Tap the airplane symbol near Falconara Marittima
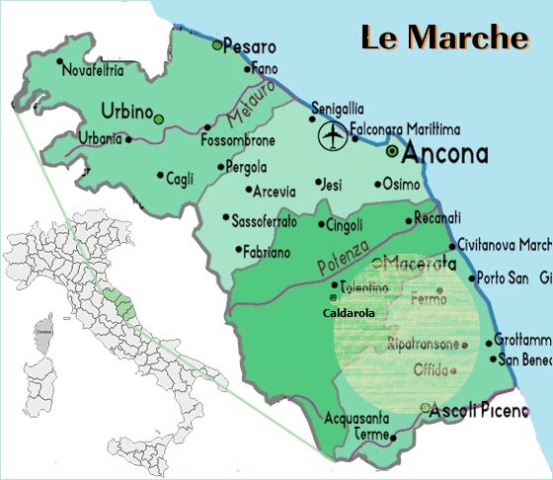click(x=334, y=135)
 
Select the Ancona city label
click(x=446, y=153)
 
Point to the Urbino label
click(x=123, y=111)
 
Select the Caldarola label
click(x=353, y=313)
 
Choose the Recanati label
click(x=437, y=217)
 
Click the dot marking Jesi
click(x=319, y=183)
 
